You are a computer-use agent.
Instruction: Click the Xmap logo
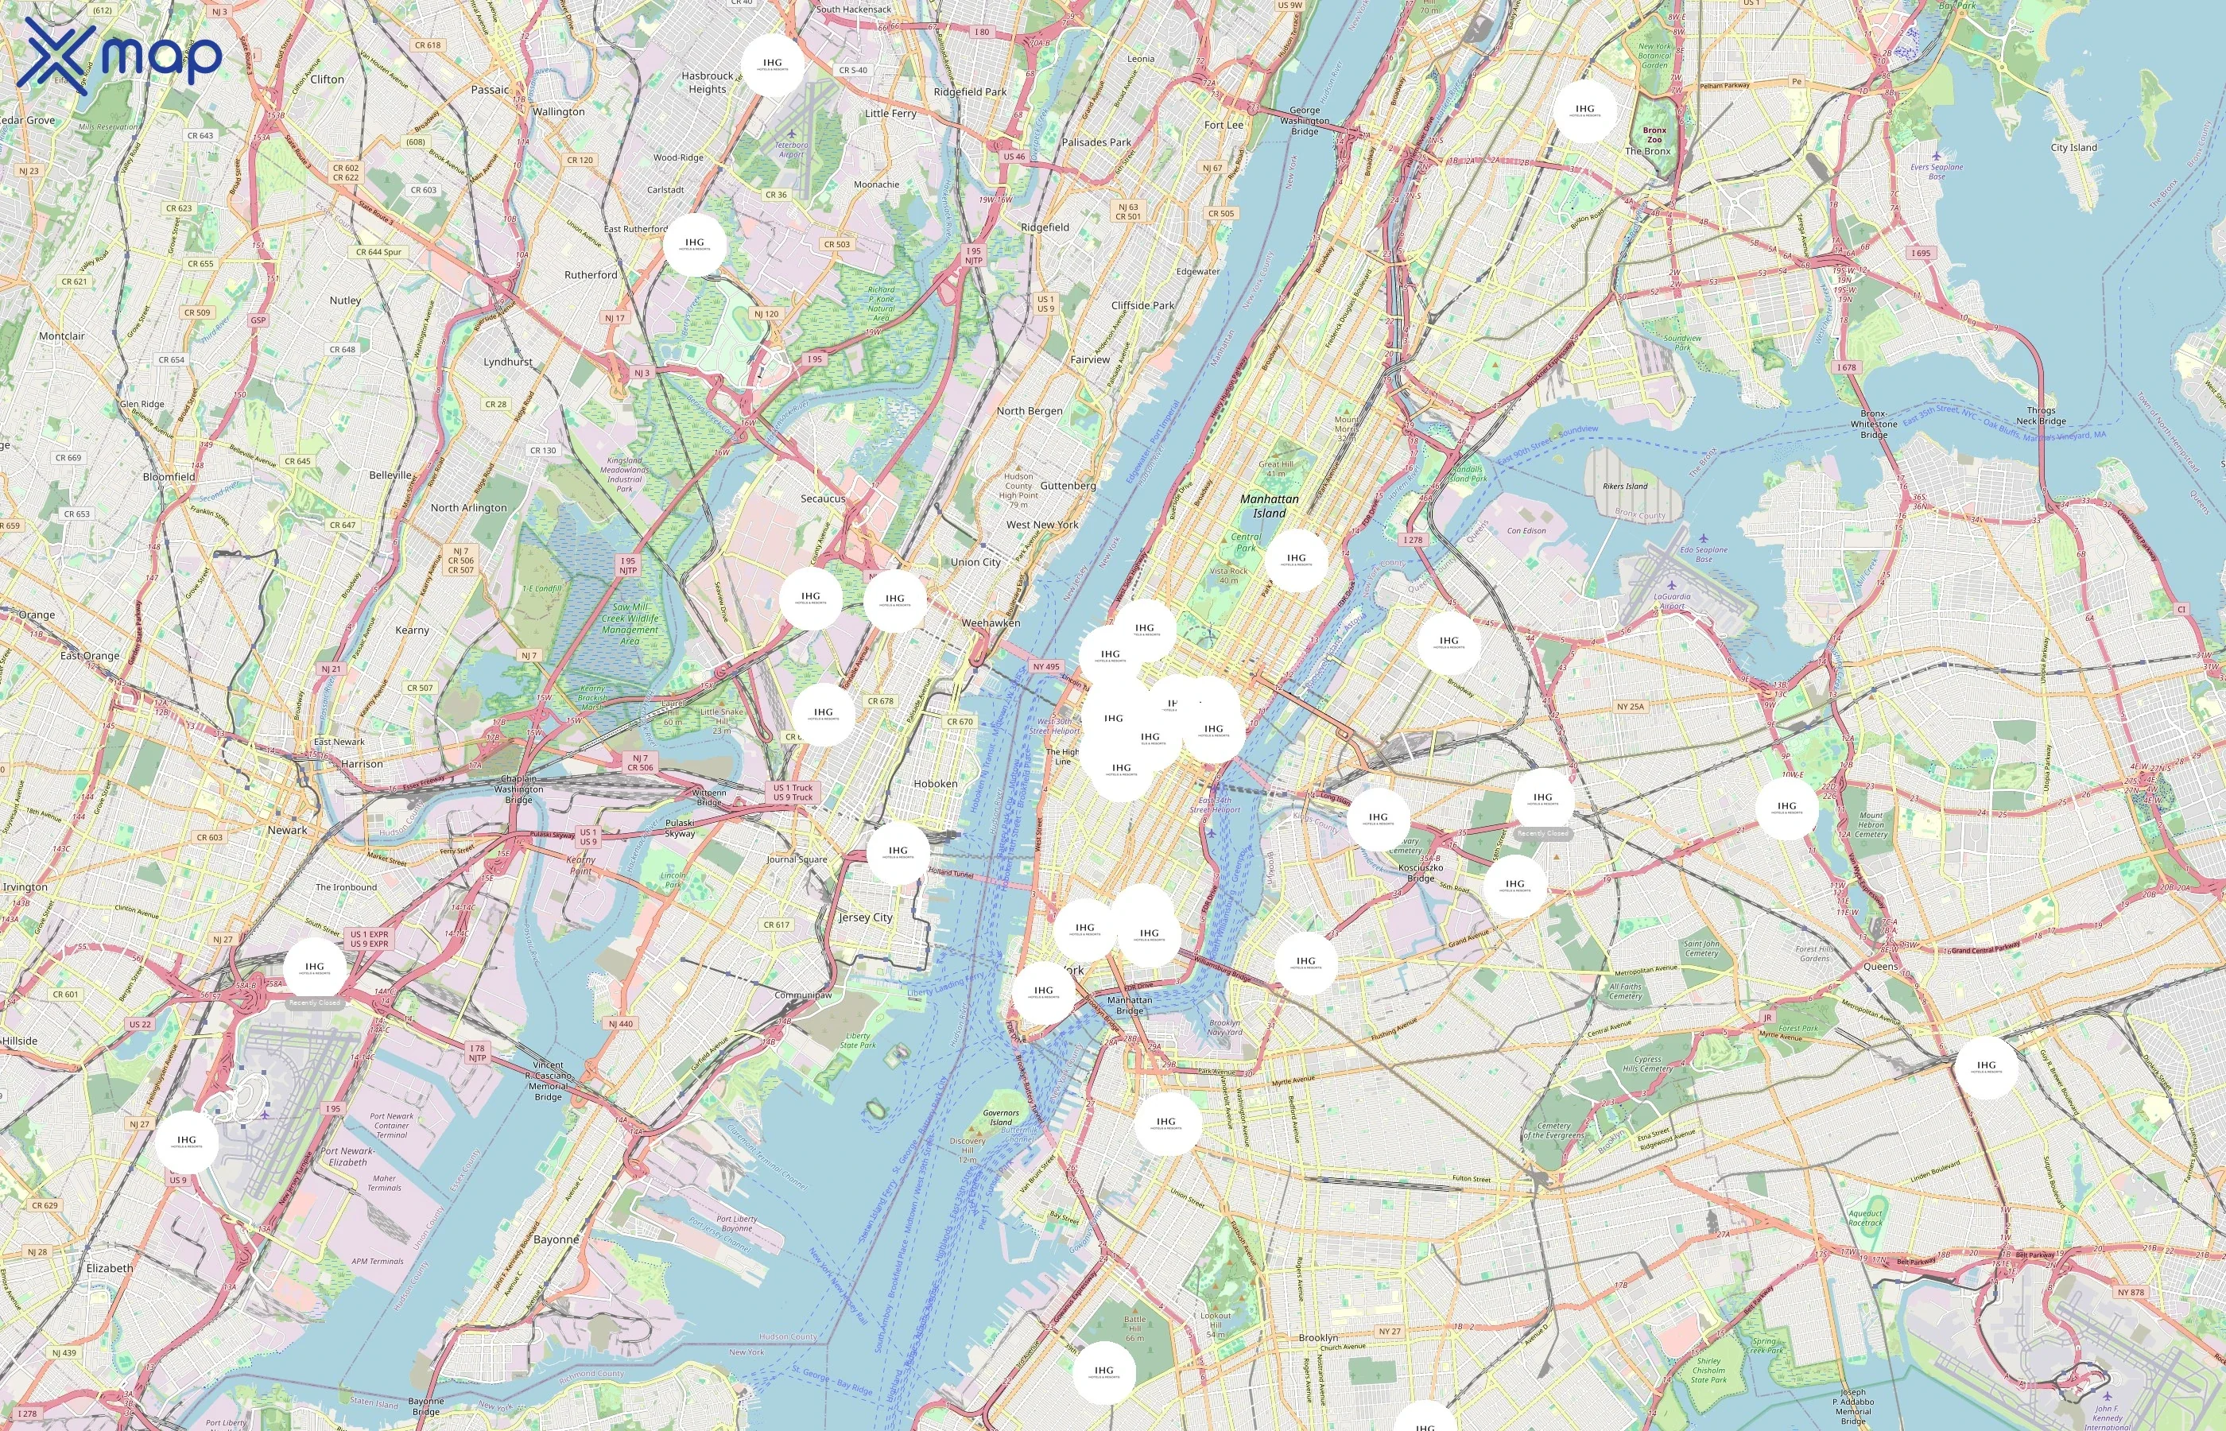click(119, 57)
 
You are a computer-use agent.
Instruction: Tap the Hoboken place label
click(935, 783)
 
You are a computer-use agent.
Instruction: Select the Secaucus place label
click(822, 498)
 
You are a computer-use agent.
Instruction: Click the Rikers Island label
click(1624, 486)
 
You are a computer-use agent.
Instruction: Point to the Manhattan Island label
click(1269, 506)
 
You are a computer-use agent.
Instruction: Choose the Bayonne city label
click(556, 1239)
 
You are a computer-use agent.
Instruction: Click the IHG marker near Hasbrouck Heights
click(772, 65)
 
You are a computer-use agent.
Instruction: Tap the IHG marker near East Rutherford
click(694, 244)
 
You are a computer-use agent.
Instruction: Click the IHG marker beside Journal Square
click(898, 852)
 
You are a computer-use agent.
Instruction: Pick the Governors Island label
click(1001, 1117)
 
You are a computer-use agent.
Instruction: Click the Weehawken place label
click(991, 622)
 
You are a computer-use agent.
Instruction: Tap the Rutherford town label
click(590, 275)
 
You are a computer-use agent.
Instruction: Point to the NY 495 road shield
click(1045, 666)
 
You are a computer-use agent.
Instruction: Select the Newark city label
click(287, 830)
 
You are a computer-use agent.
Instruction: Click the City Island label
click(2073, 147)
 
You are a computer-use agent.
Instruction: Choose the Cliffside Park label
click(1142, 304)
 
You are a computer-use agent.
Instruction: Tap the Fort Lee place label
click(1223, 125)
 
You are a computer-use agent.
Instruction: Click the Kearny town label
click(412, 630)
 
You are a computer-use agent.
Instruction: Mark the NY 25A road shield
click(1630, 706)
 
